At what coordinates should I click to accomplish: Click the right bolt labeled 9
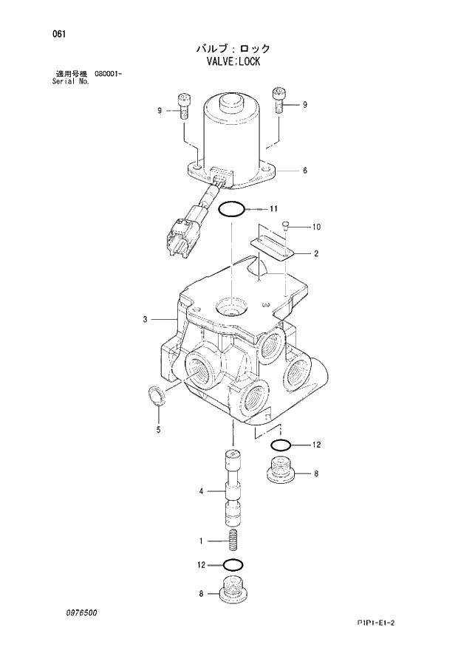click(279, 98)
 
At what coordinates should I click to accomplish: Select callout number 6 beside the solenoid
click(304, 171)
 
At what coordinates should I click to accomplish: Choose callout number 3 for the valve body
click(146, 319)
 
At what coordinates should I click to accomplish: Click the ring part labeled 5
click(157, 396)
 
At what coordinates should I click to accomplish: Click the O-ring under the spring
click(233, 565)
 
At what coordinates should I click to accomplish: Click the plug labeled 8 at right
click(278, 470)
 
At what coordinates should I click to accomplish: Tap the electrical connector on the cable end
click(180, 236)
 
